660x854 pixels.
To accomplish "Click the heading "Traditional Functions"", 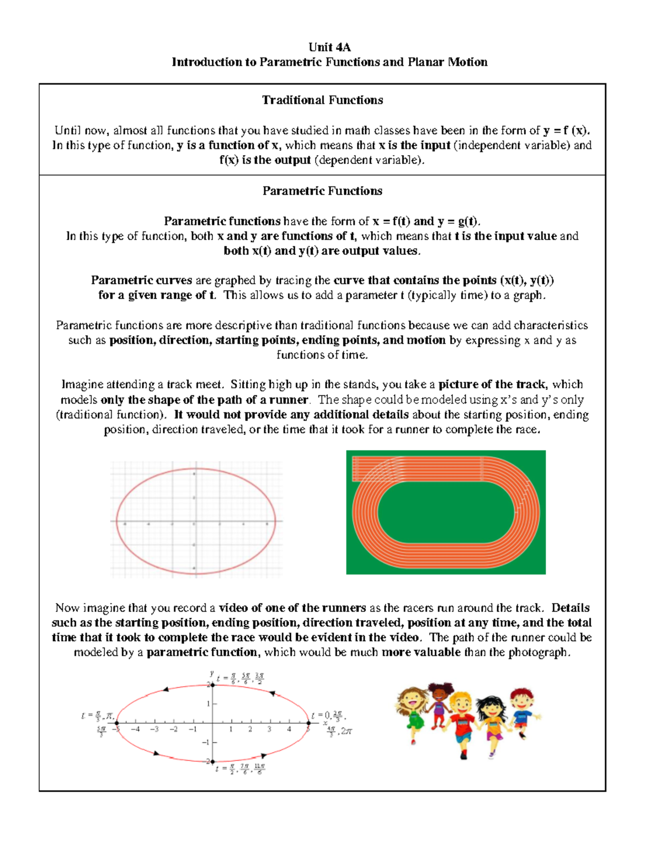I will pos(322,100).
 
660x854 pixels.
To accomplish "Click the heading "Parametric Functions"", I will pos(322,191).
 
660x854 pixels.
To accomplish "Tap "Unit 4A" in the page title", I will pos(329,47).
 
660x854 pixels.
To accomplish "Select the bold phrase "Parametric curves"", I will pos(141,280).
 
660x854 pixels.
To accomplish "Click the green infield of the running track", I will pos(446,514).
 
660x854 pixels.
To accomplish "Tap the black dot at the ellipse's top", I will pos(212,685).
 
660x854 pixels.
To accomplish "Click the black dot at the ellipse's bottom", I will pos(212,762).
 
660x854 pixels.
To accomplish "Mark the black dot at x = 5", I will pos(309,723).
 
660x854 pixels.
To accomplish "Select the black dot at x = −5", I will pos(117,723).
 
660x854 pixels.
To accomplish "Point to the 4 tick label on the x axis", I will pos(289,730).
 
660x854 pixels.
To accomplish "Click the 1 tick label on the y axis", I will pos(208,704).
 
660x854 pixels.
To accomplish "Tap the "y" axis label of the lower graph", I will pos(211,673).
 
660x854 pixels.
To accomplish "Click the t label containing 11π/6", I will pos(260,768).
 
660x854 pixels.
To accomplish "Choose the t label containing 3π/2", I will pos(259,679).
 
